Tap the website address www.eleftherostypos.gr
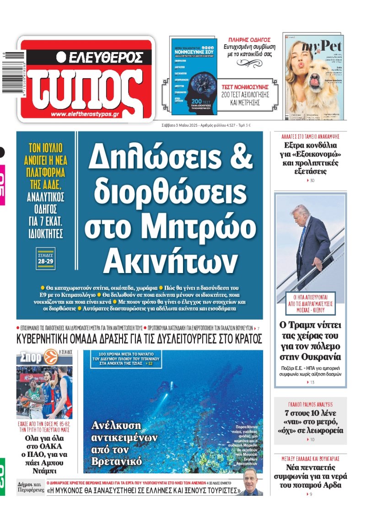85,115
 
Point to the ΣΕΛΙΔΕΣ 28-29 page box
45,258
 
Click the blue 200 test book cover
194,75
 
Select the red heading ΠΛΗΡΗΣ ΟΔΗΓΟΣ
249,40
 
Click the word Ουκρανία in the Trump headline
310,357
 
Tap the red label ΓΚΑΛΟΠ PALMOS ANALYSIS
310,404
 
